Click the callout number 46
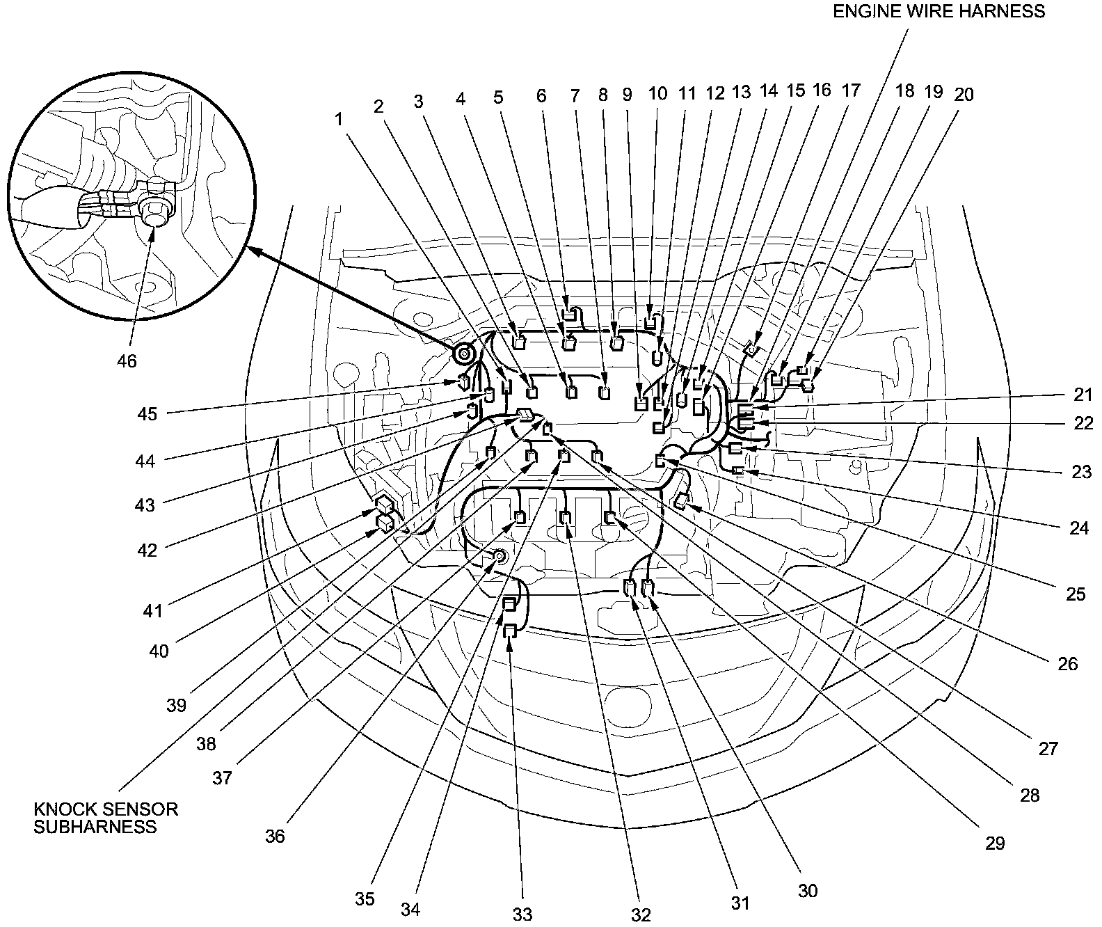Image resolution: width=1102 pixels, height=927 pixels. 127,361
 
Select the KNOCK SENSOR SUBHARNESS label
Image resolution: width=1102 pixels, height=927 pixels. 106,818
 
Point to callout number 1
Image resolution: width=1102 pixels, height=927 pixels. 340,120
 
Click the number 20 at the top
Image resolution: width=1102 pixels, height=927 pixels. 964,95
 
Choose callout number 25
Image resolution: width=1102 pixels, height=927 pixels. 1076,595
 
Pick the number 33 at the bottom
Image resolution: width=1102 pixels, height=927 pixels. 522,912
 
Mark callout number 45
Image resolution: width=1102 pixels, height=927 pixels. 147,414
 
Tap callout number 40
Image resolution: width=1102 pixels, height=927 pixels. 159,651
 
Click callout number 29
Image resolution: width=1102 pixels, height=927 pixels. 996,843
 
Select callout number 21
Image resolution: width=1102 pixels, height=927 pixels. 1083,395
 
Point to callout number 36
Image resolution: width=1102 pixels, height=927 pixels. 275,836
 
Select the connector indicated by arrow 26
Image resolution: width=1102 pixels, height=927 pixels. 681,499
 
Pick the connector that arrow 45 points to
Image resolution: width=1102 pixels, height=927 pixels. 464,381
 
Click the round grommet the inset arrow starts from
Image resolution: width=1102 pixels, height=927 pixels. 463,356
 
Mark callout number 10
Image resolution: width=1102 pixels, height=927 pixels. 657,94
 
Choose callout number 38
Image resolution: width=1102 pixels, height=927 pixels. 206,744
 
